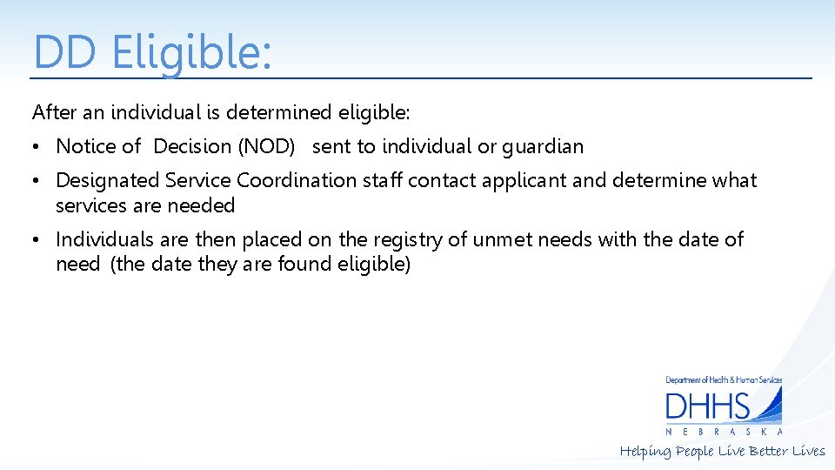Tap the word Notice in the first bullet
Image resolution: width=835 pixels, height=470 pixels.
tap(85, 146)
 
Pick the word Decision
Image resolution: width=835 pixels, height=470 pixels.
tap(193, 146)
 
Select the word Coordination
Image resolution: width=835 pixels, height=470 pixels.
tap(297, 180)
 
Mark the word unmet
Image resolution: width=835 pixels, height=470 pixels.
tap(503, 239)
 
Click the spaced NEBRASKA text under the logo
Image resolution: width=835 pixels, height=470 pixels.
tap(724, 432)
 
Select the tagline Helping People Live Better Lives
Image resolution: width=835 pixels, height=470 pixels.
tap(722, 451)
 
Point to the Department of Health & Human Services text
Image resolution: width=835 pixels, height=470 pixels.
tap(724, 380)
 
